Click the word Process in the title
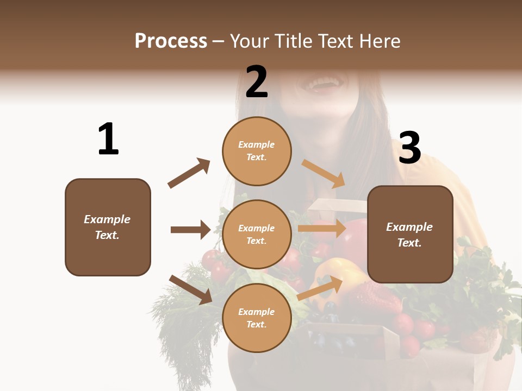pyautogui.click(x=171, y=41)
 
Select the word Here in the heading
pyautogui.click(x=378, y=41)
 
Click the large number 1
pyautogui.click(x=108, y=139)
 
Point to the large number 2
pyautogui.click(x=257, y=81)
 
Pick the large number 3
pyautogui.click(x=410, y=148)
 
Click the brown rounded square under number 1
pyautogui.click(x=108, y=227)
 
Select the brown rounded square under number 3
pyautogui.click(x=410, y=235)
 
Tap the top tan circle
pyautogui.click(x=257, y=151)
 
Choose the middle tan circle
pyautogui.click(x=257, y=235)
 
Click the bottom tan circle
pyautogui.click(x=257, y=318)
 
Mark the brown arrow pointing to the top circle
pyautogui.click(x=189, y=173)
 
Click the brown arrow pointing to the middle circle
pyautogui.click(x=190, y=230)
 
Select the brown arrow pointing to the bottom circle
pyautogui.click(x=190, y=289)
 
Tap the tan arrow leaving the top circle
pyautogui.click(x=324, y=173)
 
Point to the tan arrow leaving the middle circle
pyautogui.click(x=322, y=229)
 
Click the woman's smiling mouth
pyautogui.click(x=327, y=85)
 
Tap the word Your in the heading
pyautogui.click(x=250, y=41)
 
